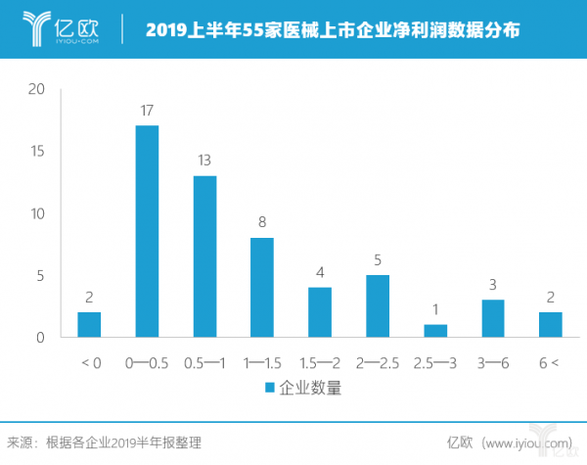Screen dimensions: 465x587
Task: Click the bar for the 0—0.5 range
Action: click(x=147, y=231)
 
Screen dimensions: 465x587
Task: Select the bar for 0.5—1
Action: click(x=204, y=256)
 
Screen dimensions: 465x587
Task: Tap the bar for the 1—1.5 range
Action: click(x=261, y=288)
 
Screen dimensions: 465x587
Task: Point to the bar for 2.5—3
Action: click(x=434, y=331)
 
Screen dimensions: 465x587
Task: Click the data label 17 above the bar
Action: click(x=147, y=112)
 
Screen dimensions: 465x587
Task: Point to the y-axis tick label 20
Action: click(x=38, y=89)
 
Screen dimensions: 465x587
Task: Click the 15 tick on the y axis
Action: click(x=38, y=152)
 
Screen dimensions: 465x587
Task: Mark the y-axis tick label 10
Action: click(x=38, y=213)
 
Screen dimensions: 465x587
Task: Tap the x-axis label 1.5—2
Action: click(x=319, y=362)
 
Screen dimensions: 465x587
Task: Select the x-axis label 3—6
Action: click(x=492, y=362)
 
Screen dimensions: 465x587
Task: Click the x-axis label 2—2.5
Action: click(x=377, y=362)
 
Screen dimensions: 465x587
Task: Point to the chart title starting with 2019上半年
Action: click(x=333, y=30)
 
